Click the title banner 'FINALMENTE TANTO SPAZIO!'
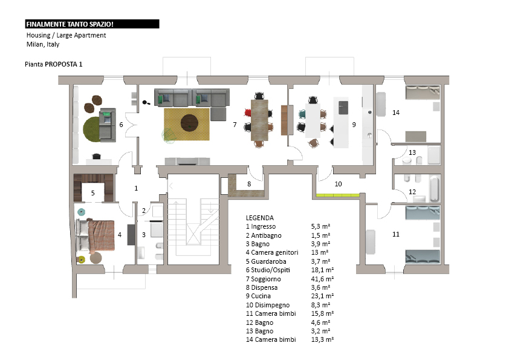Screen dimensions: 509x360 [92, 24]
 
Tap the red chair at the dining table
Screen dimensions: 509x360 [248, 113]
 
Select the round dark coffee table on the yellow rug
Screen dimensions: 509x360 [189, 123]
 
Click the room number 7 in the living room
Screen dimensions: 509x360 [235, 125]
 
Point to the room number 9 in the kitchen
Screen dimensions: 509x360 [354, 125]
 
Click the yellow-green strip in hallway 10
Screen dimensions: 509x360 [337, 195]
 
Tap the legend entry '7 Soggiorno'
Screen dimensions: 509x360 [263, 279]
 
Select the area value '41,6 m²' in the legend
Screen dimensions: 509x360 [322, 279]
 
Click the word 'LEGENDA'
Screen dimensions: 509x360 [260, 218]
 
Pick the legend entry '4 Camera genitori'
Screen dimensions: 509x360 [272, 252]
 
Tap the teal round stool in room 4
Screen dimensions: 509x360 [81, 212]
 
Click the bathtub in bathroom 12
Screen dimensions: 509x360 [434, 188]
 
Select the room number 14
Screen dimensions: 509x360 [396, 113]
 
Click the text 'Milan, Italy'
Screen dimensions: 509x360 [43, 44]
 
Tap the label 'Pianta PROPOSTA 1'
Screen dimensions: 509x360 [54, 64]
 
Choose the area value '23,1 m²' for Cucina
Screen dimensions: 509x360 [322, 296]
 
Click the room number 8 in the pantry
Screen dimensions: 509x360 [249, 184]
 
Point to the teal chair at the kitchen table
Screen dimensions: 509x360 [302, 114]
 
